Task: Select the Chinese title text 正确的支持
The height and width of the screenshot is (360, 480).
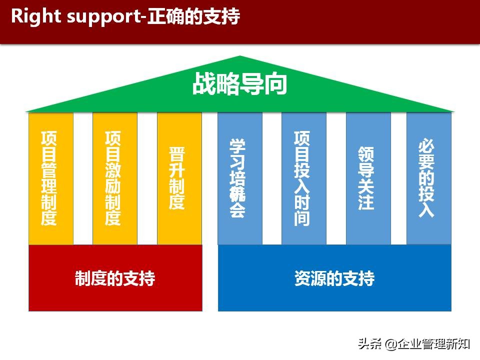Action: (193, 16)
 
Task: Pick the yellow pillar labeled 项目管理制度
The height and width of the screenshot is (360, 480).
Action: (50, 178)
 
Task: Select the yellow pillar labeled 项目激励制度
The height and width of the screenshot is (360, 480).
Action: (114, 178)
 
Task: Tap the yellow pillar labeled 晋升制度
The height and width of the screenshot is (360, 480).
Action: (179, 178)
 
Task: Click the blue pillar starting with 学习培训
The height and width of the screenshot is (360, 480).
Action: (239, 178)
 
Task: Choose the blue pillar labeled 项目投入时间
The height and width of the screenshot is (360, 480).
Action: (303, 178)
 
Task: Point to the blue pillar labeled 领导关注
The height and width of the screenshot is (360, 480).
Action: (368, 178)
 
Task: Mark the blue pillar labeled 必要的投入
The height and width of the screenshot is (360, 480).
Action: (428, 178)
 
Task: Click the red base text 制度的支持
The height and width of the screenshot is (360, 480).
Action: (115, 278)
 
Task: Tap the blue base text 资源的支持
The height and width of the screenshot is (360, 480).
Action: (334, 278)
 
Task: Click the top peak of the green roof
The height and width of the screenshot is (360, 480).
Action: (240, 57)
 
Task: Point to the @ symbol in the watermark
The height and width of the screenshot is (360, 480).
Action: (391, 344)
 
